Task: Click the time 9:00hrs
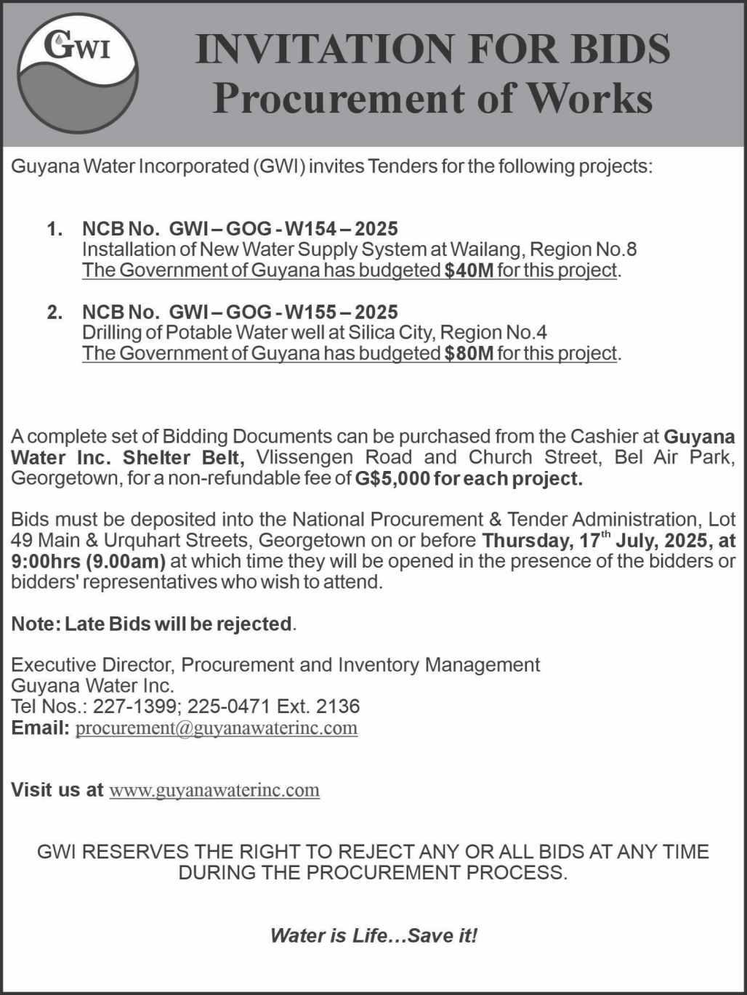tap(46, 561)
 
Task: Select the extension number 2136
tap(338, 706)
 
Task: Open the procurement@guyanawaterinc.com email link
tap(217, 728)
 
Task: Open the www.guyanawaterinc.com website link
tap(214, 790)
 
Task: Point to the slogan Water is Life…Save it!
tap(373, 935)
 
